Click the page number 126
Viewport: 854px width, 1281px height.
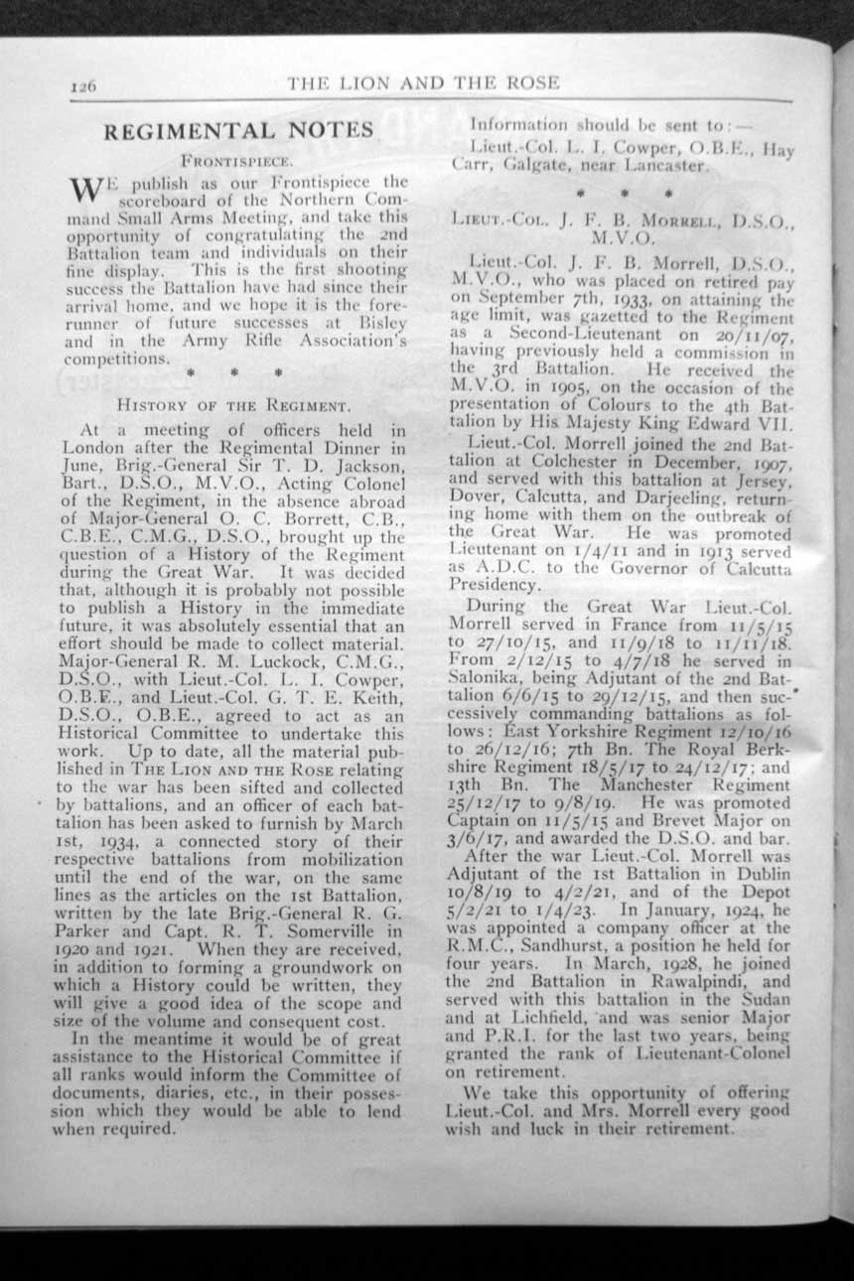click(83, 87)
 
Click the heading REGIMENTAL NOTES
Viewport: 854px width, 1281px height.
click(239, 130)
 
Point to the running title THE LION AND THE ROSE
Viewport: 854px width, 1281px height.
click(424, 83)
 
